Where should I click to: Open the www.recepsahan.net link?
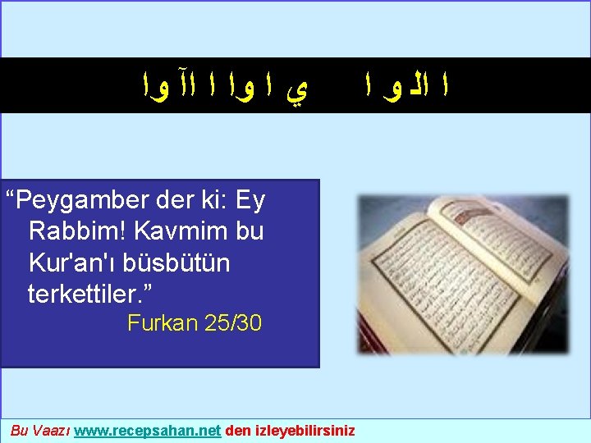pos(147,430)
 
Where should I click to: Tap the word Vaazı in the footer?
pos(49,430)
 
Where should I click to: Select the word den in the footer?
pos(237,430)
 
